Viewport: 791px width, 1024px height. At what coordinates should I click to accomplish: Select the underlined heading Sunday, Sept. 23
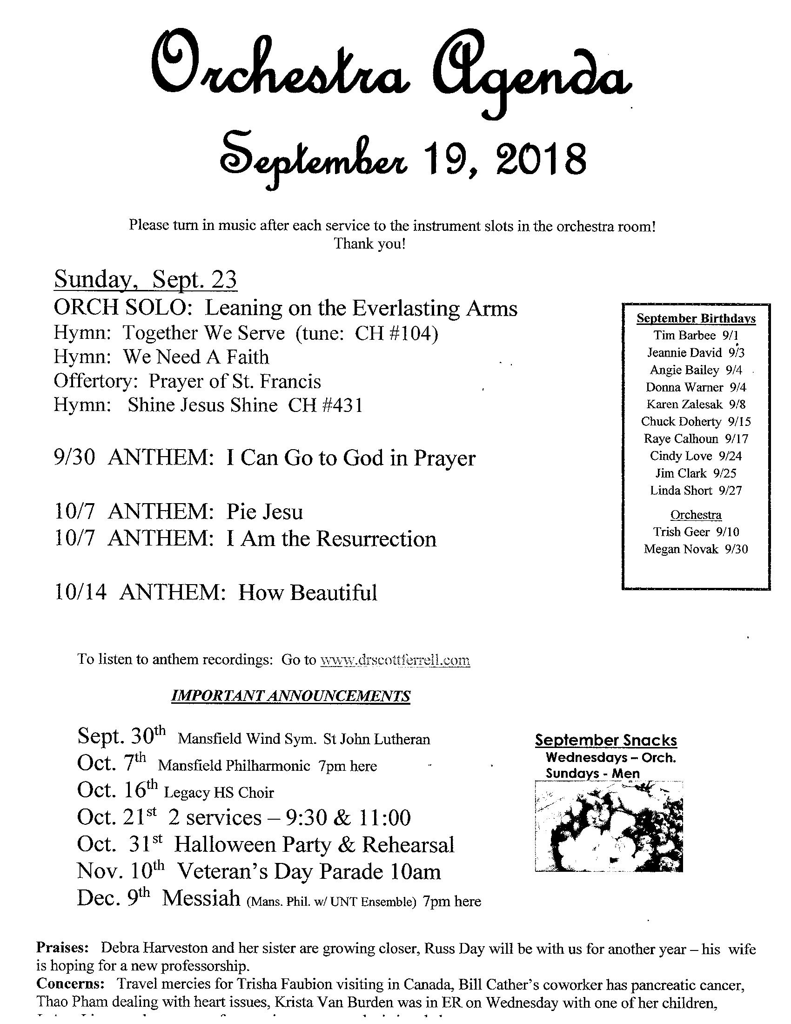click(145, 280)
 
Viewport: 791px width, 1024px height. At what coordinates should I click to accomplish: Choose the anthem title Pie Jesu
click(265, 512)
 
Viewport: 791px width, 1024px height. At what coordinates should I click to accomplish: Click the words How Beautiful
click(308, 593)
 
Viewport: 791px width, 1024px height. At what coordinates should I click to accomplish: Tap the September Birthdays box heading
click(696, 319)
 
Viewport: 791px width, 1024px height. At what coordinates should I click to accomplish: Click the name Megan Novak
click(680, 549)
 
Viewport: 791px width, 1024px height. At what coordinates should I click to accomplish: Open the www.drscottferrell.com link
click(395, 660)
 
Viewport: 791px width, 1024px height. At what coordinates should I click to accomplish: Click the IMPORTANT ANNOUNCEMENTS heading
click(290, 696)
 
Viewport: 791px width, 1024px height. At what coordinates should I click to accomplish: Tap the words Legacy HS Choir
click(218, 793)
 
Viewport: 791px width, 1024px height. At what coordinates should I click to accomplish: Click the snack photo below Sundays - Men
click(609, 826)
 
